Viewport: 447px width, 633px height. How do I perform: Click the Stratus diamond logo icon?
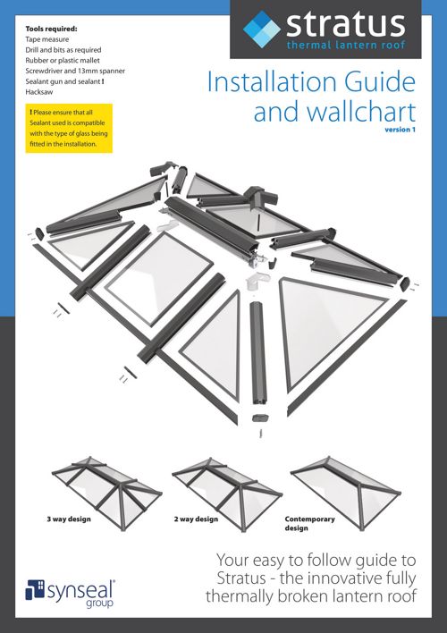[262, 30]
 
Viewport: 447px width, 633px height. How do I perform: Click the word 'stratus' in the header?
[345, 25]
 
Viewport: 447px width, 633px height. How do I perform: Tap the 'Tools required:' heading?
[51, 29]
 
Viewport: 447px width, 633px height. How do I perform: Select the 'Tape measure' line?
[46, 39]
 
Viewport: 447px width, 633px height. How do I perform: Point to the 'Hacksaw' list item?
[39, 91]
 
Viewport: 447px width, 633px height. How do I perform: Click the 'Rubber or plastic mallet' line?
[63, 60]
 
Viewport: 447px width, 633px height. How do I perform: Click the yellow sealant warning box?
[69, 128]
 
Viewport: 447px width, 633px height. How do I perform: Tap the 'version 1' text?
[400, 130]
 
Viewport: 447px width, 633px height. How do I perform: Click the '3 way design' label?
[69, 519]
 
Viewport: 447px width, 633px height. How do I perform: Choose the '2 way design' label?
[197, 519]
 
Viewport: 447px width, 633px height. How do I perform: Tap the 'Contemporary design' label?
[309, 523]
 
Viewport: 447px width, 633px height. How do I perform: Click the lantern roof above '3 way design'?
[107, 493]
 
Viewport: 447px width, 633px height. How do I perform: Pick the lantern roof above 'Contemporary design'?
[346, 493]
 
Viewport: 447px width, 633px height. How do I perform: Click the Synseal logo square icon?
[35, 590]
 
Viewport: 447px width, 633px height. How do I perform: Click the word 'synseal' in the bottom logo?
[80, 591]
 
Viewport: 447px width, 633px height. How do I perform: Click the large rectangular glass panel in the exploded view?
[158, 279]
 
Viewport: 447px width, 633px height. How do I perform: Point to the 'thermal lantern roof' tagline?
[346, 45]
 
